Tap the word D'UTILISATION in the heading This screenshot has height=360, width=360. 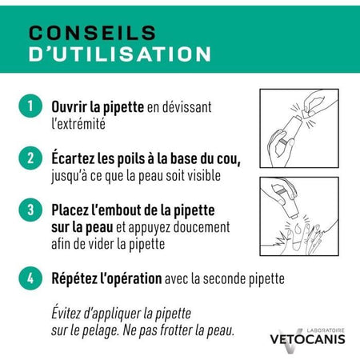click(x=120, y=54)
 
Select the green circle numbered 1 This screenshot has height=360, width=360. click(x=30, y=106)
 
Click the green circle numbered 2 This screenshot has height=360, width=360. click(x=30, y=158)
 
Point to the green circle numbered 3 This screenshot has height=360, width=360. click(x=30, y=210)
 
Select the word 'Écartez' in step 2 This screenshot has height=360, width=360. click(x=75, y=157)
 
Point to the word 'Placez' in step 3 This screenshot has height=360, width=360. click(x=73, y=210)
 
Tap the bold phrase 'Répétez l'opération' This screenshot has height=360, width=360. click(x=106, y=280)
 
